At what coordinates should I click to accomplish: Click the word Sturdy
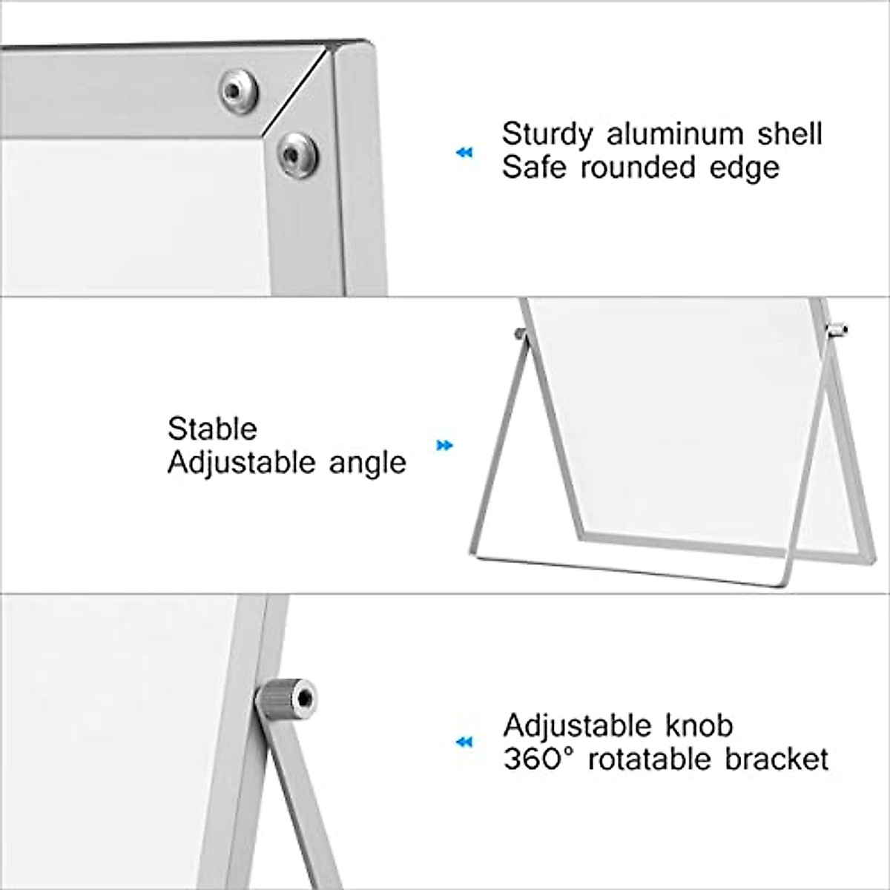click(547, 135)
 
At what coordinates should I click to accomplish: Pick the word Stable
click(212, 429)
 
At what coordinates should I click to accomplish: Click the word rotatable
click(644, 759)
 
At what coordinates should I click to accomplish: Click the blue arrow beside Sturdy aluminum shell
click(464, 153)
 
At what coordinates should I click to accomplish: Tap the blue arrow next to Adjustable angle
click(444, 446)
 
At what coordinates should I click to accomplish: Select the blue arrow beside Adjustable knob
click(464, 742)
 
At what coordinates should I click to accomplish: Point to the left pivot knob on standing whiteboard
click(521, 334)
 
